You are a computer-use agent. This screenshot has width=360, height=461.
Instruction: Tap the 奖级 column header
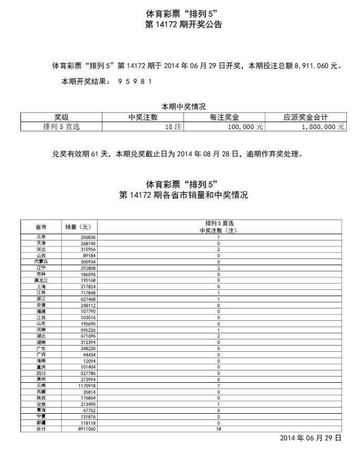[61, 118]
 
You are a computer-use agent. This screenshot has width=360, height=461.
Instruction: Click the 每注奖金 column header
[225, 118]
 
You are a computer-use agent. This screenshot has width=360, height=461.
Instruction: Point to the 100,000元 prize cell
[246, 127]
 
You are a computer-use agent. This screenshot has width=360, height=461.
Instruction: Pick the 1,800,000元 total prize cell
[323, 127]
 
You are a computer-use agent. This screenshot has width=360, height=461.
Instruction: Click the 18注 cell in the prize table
[173, 127]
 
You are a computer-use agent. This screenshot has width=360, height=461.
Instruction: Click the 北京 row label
[40, 237]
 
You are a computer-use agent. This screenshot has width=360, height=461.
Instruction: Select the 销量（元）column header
[78, 227]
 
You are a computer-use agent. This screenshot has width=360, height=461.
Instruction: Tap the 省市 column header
[40, 227]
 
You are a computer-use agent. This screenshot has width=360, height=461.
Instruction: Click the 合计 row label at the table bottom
[40, 429]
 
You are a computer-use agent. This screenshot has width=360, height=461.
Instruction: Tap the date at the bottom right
[311, 438]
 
